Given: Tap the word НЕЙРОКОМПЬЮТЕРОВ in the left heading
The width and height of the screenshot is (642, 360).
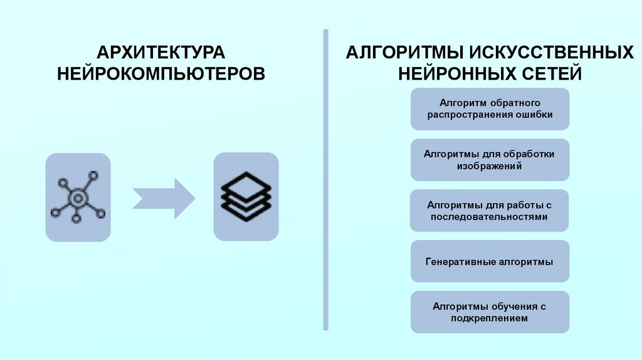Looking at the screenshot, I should (160, 73).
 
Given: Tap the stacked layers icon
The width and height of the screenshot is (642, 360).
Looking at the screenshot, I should (246, 197).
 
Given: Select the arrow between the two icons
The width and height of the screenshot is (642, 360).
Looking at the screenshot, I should (163, 198).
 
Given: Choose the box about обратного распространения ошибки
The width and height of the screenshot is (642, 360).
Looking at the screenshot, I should (490, 109).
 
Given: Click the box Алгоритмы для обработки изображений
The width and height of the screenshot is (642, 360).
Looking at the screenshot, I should (490, 160).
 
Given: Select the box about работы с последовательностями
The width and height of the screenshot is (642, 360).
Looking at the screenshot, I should (490, 211).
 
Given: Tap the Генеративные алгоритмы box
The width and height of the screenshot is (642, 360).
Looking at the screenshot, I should (490, 262).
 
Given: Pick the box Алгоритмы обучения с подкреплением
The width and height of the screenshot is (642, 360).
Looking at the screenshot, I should (490, 312).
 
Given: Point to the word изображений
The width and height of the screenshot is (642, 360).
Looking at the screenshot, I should (490, 166).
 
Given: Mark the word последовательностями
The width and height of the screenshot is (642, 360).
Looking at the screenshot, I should (490, 217).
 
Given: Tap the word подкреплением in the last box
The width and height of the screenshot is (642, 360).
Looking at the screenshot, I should (490, 318).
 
